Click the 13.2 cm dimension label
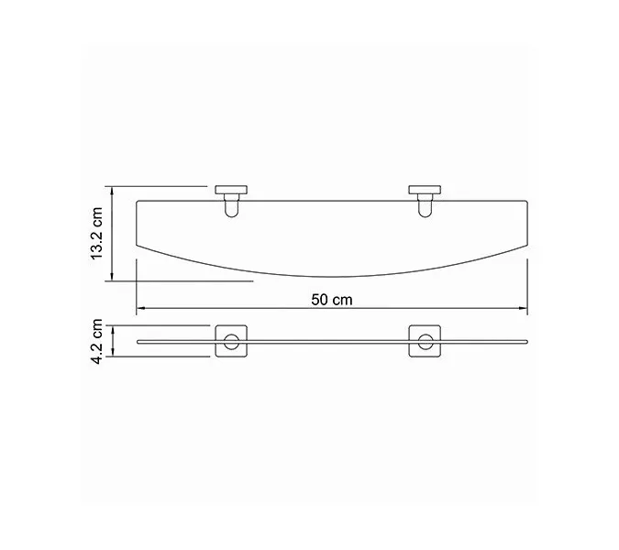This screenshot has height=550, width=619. [95, 235]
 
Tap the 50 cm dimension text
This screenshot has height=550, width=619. [330, 299]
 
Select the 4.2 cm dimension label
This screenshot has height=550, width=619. [95, 341]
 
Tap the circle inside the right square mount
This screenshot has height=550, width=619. [424, 344]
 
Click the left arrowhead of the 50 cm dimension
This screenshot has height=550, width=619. [139, 308]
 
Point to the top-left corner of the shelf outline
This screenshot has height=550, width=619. [138, 198]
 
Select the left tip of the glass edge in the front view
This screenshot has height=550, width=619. [137, 341]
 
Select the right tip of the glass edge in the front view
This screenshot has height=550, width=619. [526, 341]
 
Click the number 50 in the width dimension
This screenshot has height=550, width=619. [319, 299]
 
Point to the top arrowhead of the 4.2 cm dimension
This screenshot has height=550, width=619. [111, 326]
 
